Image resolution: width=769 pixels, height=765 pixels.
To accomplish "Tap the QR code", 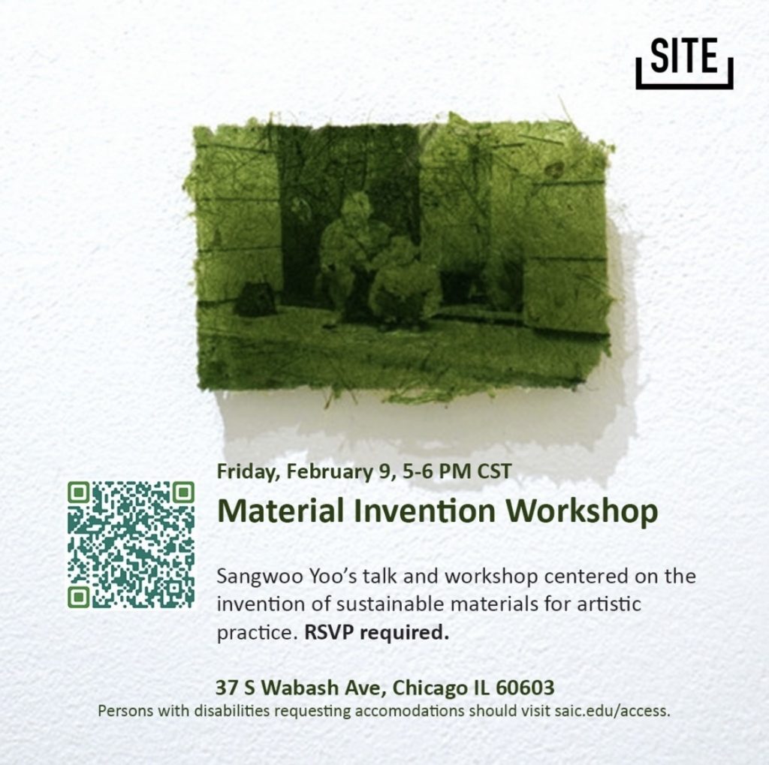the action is coord(131,545).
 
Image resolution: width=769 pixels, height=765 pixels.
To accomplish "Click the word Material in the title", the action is coord(282,511).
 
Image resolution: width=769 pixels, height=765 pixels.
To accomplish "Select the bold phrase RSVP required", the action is coord(377,633).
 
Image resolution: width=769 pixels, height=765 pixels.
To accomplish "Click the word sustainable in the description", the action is coord(389,604).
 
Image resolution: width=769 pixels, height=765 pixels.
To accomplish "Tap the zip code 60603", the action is coord(525,688).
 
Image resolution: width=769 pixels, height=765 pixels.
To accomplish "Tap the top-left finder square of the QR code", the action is coord(78,492).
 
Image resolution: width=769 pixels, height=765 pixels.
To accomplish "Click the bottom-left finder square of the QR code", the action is coord(78,598).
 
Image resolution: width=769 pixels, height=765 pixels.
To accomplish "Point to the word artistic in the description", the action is coord(608,604).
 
